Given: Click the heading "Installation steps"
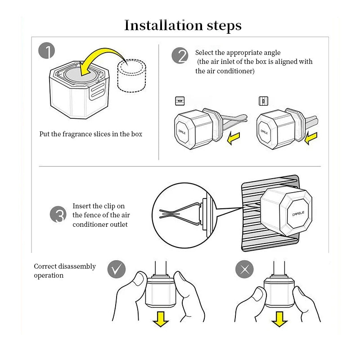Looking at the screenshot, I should [183, 25].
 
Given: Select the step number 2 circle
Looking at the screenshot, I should [180, 56].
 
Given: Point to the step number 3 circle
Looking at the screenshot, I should [58, 214].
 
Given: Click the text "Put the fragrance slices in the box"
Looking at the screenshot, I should [91, 134].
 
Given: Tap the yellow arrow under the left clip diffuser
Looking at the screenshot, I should [234, 139].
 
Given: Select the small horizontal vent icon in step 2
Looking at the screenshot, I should [180, 100].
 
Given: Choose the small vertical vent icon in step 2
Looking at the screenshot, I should [263, 101].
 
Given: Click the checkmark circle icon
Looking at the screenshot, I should [116, 270].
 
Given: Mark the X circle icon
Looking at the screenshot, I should [245, 270].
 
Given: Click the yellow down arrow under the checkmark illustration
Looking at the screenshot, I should [161, 319].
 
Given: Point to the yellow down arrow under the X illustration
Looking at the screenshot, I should [280, 319].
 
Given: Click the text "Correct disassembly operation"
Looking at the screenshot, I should [65, 270].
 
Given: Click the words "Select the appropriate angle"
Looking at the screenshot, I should [238, 53].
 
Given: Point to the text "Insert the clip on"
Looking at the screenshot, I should [99, 206].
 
